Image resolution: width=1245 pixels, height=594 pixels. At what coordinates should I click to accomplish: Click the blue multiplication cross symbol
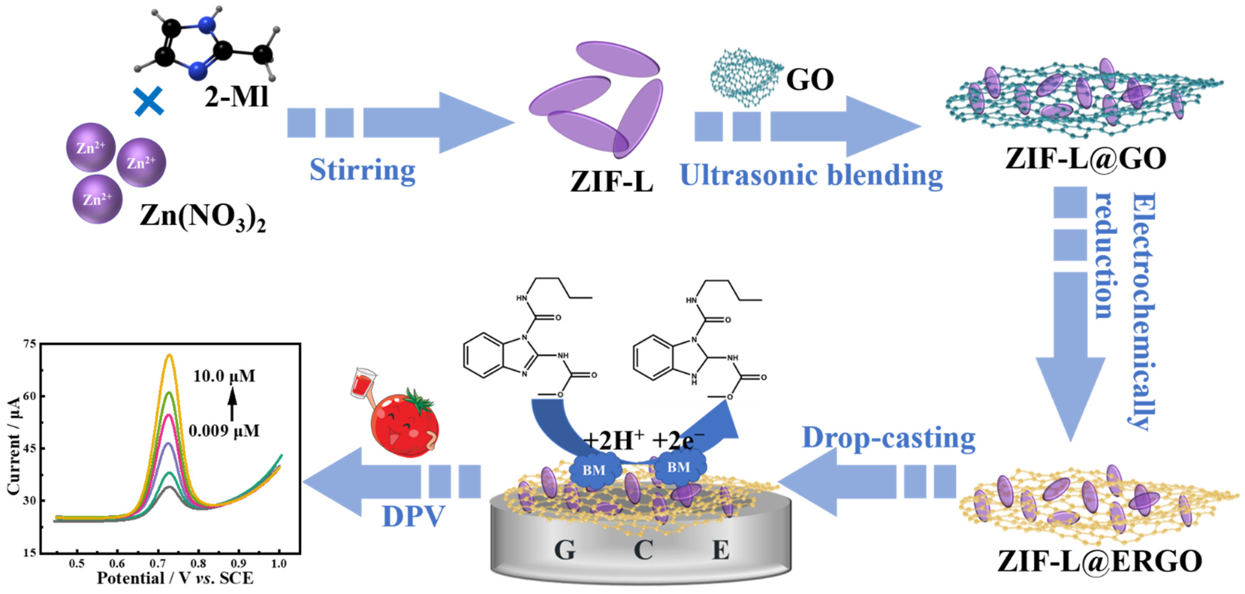coord(149,102)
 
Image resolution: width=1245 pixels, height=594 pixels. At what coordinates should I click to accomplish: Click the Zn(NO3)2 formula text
coord(202,217)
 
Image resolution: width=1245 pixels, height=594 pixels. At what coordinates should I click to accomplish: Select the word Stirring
coord(363,170)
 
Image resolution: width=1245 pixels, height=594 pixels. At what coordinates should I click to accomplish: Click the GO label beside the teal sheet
coord(810,80)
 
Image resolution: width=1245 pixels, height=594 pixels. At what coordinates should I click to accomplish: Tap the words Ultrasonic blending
coord(811,175)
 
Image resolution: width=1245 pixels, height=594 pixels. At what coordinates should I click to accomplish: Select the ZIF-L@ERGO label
coord(1100,562)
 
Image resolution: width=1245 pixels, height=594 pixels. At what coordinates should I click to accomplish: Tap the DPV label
coord(413,516)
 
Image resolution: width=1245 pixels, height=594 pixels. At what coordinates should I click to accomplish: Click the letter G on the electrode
coord(564,550)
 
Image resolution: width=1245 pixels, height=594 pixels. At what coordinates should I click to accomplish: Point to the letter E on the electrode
coord(721,550)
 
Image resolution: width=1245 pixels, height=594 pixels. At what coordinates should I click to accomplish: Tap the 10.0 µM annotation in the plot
coord(224,376)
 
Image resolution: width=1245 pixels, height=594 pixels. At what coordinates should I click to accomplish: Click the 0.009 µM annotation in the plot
coord(224,431)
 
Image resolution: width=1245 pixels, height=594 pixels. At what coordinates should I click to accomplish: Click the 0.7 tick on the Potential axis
coord(157,563)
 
